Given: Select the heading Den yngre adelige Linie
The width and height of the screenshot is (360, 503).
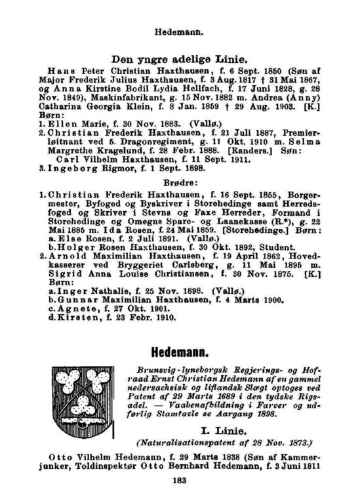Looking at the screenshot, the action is pos(179,58).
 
